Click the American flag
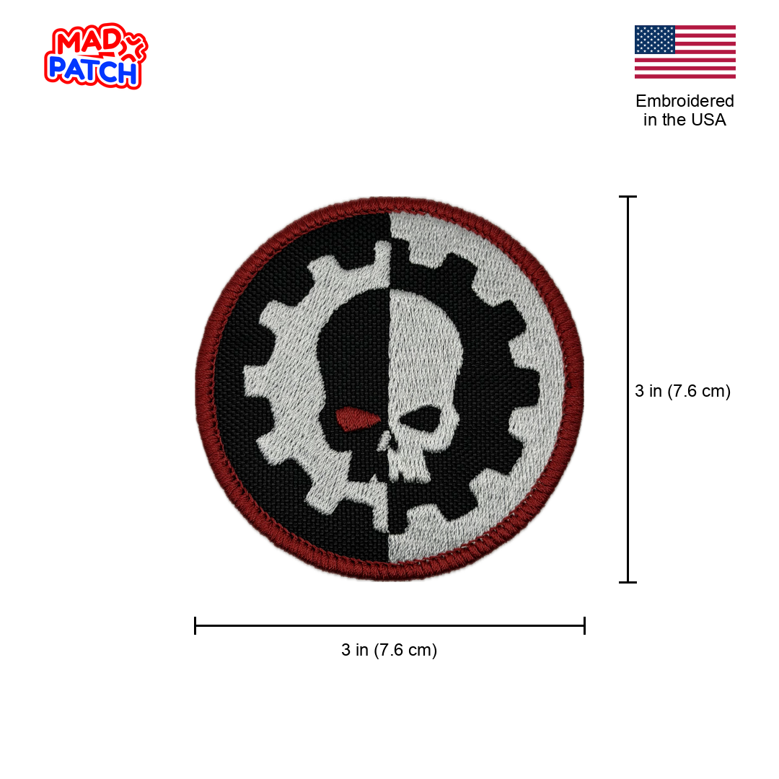coord(685,52)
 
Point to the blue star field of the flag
coord(655,39)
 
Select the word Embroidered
coord(685,101)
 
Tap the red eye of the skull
coord(357,418)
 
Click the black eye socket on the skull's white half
coord(421,418)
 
